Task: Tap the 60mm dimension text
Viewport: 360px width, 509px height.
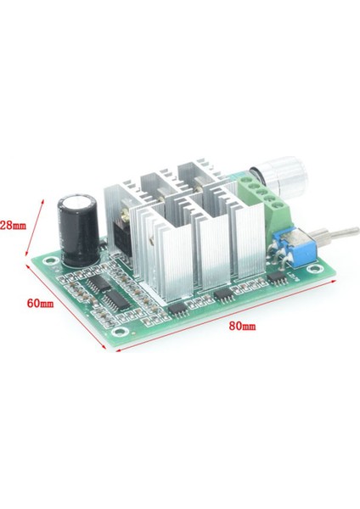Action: click(x=40, y=302)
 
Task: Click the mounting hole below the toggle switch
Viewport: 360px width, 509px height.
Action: click(x=314, y=271)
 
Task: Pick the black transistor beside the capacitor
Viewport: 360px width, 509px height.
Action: click(x=120, y=230)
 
